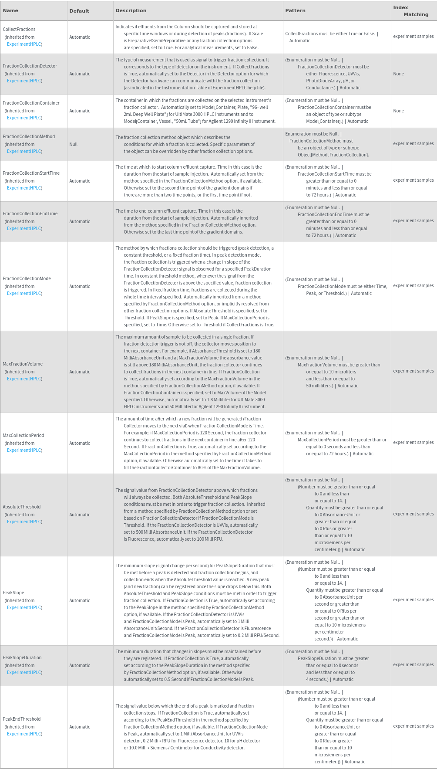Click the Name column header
tap(10, 10)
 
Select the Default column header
tap(79, 11)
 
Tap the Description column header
tap(131, 10)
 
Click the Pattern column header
tap(295, 10)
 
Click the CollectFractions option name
tap(19, 29)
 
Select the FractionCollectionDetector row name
tap(30, 66)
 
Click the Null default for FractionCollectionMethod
tap(73, 144)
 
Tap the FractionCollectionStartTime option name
tap(31, 173)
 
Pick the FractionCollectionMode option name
tap(27, 278)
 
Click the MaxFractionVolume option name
tap(23, 364)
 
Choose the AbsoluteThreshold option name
tap(22, 507)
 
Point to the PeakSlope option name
tap(13, 593)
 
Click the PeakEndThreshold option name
tap(22, 719)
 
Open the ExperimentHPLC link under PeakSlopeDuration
tap(24, 672)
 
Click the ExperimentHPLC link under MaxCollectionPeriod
tap(24, 450)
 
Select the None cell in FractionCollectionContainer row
tap(398, 111)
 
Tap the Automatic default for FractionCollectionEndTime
tap(80, 221)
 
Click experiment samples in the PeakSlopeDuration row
tap(413, 664)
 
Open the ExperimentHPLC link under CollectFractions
tap(24, 44)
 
